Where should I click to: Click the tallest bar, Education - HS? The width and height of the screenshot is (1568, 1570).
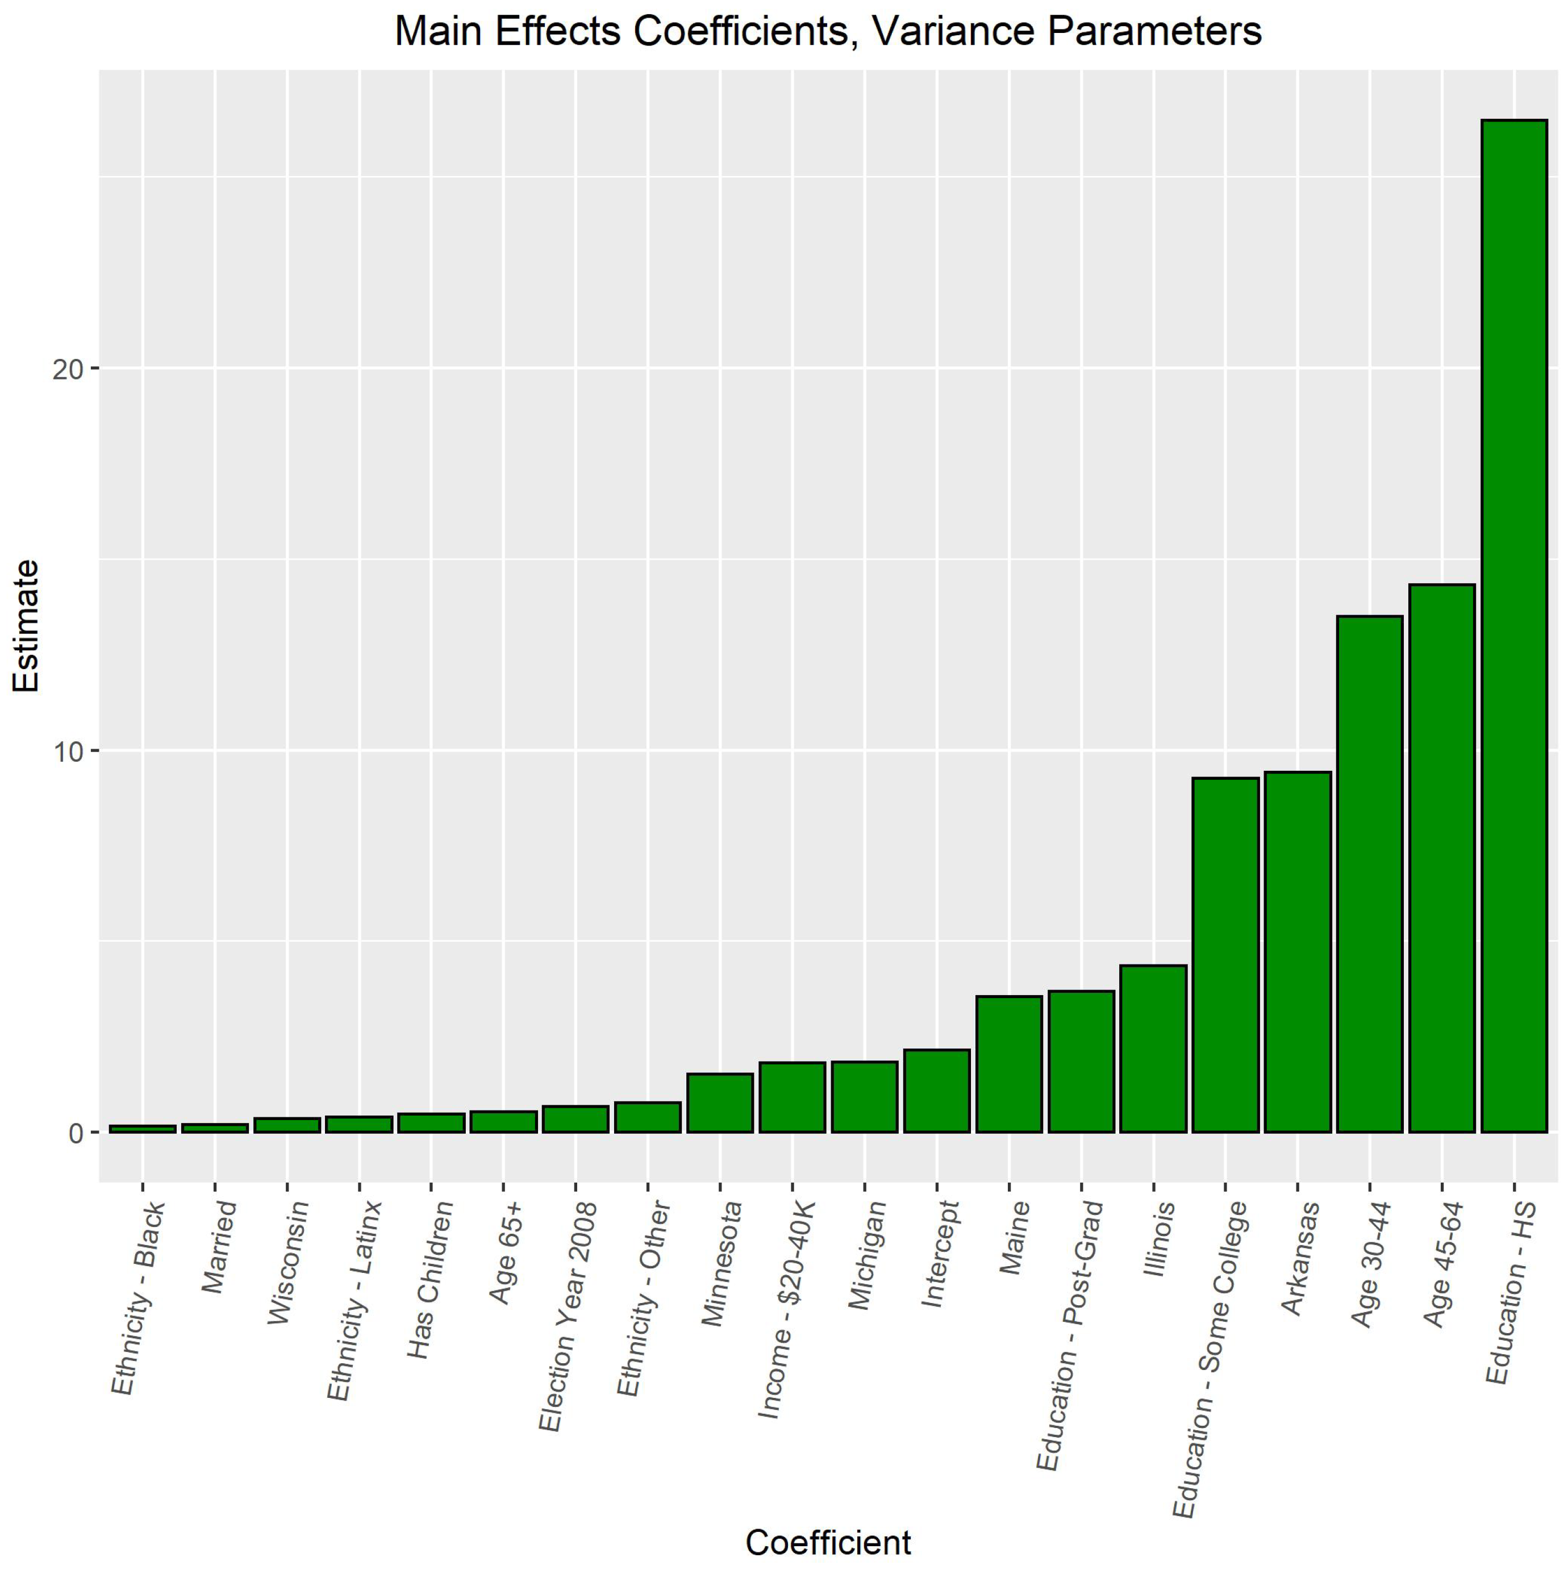1513,626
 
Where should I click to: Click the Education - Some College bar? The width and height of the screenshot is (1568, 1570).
1224,954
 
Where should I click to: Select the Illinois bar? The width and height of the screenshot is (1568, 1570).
1153,1049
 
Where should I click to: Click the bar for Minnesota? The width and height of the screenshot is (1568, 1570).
719,1102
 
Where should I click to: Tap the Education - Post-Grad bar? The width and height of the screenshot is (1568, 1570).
1081,1060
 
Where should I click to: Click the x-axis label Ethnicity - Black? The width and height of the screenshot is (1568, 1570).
138,1298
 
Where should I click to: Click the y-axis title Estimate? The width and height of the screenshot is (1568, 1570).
26,626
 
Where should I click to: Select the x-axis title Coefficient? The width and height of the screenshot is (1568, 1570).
828,1542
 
